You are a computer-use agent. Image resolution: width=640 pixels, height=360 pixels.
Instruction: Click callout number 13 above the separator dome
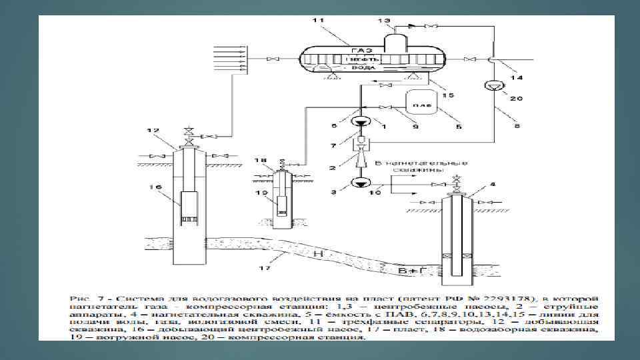pyautogui.click(x=385, y=21)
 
